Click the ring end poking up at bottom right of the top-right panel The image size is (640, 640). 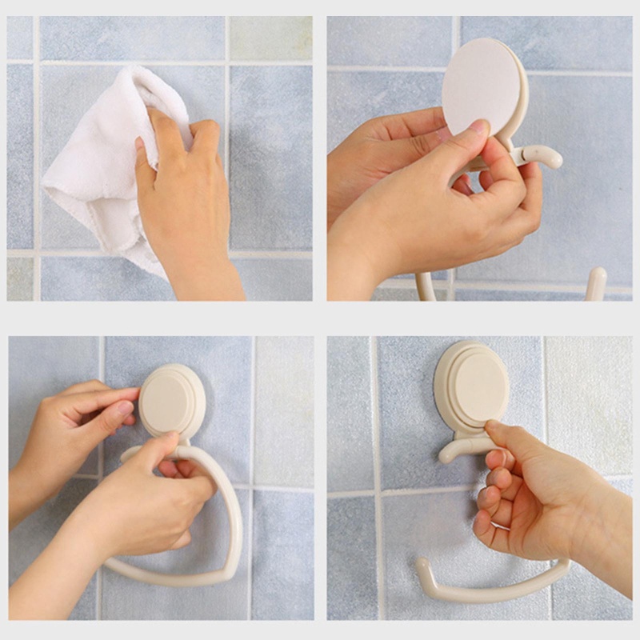click(595, 283)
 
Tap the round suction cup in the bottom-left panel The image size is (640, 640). click(171, 400)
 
